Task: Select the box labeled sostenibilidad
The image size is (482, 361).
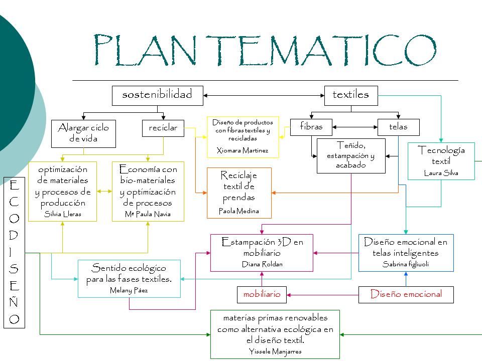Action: point(157,95)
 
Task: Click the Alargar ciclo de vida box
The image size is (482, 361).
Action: point(83,133)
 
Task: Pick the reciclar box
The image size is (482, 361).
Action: point(163,128)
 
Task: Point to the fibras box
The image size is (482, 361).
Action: point(311,127)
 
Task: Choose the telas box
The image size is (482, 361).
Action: point(398,127)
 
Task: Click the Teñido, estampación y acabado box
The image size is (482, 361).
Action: point(350,155)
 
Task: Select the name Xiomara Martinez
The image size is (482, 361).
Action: point(243,150)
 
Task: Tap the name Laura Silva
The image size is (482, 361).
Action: point(441,173)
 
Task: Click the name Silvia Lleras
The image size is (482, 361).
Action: point(63,214)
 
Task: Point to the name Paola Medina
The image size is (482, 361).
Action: point(239,211)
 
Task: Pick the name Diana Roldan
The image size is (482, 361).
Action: point(262,264)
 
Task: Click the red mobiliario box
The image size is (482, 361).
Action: point(262,294)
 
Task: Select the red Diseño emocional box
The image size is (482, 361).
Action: point(406,294)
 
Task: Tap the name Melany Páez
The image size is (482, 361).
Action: point(129,290)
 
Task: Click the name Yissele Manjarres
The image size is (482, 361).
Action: point(275,351)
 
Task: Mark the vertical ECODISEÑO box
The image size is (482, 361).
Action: point(15,252)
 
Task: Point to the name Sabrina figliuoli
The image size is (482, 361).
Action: point(405,264)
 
